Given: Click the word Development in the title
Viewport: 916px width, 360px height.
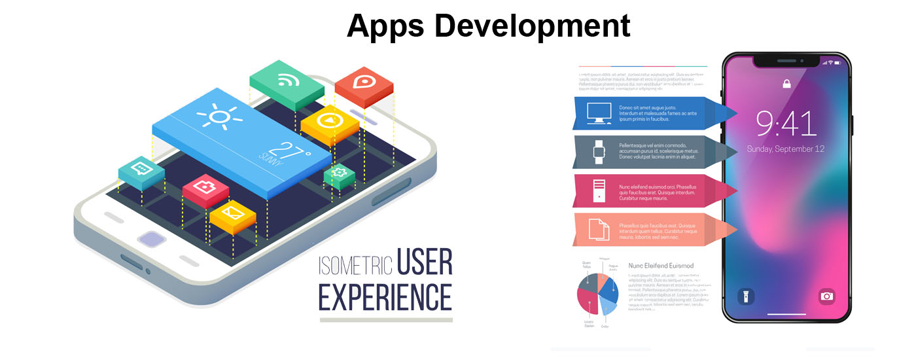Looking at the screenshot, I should point(532,26).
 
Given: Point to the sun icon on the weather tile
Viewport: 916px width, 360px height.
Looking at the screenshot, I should point(220,117).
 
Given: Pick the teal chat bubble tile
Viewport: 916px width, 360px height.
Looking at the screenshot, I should point(141,170).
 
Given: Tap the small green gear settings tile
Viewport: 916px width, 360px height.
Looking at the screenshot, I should point(339,173).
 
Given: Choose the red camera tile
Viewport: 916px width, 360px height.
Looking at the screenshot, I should point(205,188).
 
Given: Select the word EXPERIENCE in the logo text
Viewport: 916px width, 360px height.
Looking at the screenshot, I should point(385,297).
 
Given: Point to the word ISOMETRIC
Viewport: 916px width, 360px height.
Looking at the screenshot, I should point(355,265).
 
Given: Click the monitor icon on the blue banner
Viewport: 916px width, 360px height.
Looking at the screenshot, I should point(599,113).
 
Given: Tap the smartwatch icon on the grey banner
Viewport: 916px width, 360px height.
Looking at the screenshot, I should point(599,153).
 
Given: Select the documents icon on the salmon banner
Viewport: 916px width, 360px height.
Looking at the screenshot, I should point(599,230).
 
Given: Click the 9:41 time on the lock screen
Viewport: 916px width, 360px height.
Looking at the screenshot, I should point(786,124).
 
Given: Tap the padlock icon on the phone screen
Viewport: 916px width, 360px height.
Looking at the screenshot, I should point(786,84).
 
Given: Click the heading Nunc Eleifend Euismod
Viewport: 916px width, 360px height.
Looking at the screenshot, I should point(661,266).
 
